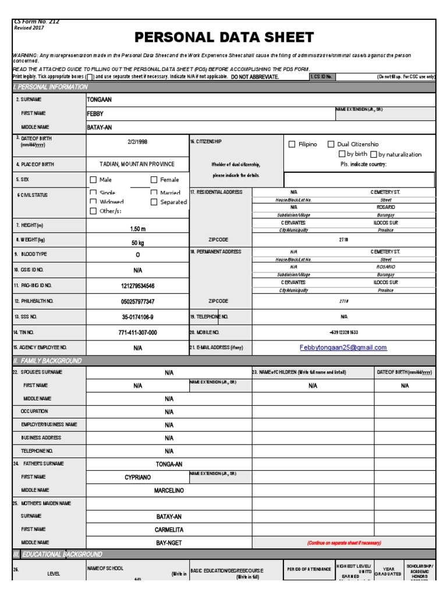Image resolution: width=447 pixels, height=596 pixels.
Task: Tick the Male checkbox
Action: coord(93,180)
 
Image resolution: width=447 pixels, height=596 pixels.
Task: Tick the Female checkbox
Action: coord(154,180)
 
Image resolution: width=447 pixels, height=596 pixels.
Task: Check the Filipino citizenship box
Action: coord(292,144)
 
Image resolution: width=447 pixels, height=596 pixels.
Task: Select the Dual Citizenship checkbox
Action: coord(331,144)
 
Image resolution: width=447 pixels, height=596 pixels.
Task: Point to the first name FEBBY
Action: coord(95,113)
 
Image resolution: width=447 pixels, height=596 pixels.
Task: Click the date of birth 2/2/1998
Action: coord(137,141)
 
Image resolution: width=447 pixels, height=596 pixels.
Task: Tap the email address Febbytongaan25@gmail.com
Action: coord(343,347)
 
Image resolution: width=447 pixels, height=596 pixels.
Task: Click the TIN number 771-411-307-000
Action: coord(137,332)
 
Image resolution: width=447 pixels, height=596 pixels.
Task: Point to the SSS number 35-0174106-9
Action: coord(137,317)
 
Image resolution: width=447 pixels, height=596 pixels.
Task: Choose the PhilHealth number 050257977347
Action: coord(137,301)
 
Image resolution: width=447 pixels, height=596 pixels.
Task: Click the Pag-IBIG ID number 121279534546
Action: coord(137,286)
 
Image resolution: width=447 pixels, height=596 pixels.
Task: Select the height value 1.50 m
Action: coord(137,229)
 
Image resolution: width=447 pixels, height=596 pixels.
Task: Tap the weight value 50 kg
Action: coord(137,243)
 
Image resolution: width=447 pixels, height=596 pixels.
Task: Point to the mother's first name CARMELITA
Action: coord(169,530)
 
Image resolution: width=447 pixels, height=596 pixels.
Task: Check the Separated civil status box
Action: coord(154,202)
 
